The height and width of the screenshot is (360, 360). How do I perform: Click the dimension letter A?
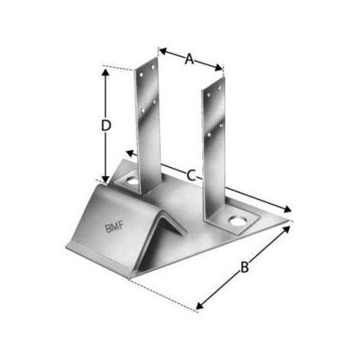(x=189, y=59)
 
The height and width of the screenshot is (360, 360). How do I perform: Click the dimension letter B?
(x=244, y=267)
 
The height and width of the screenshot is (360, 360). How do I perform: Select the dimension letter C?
(x=191, y=175)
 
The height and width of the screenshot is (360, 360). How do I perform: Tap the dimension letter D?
(x=106, y=126)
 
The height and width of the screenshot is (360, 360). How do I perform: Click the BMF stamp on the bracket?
(x=114, y=227)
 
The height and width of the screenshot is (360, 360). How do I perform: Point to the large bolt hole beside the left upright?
(x=133, y=182)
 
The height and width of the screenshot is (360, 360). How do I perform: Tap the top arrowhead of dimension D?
(x=106, y=72)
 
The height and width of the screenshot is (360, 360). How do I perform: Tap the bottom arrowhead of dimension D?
(x=106, y=179)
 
